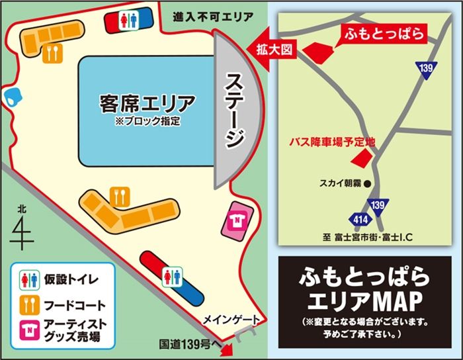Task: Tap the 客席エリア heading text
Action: [x=147, y=104]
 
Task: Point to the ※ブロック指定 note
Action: [x=147, y=122]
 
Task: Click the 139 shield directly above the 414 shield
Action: [x=378, y=206]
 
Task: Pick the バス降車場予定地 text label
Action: [x=333, y=142]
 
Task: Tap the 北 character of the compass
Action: [x=22, y=210]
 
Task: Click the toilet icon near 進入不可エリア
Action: [x=126, y=21]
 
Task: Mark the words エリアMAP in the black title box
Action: [x=365, y=302]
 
